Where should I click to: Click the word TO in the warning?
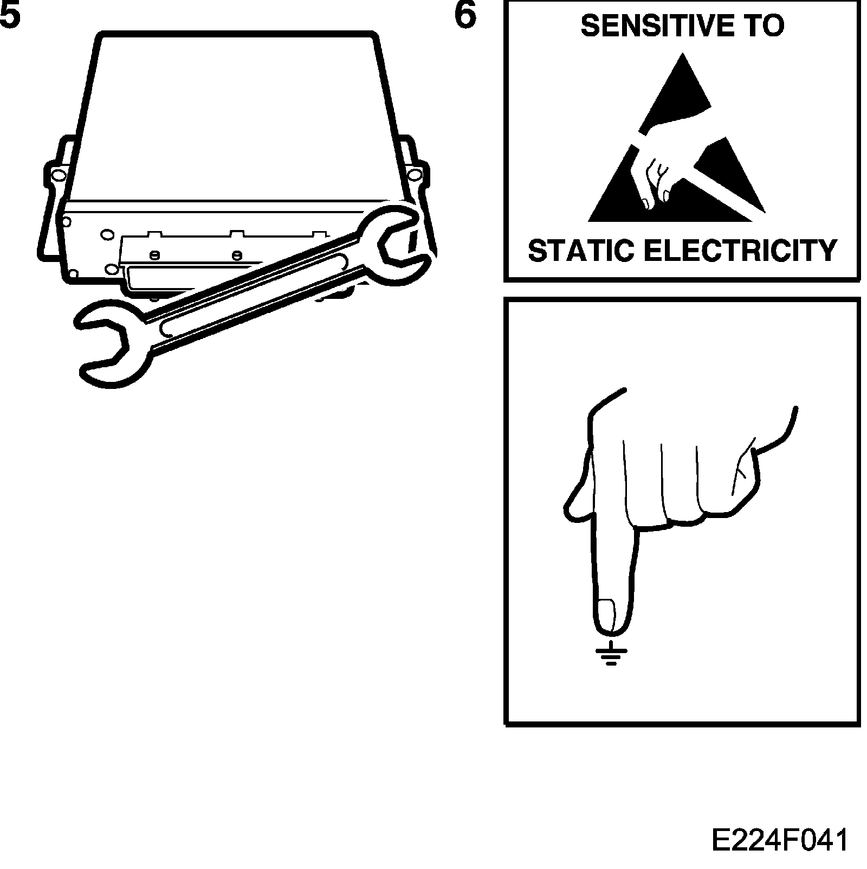[764, 26]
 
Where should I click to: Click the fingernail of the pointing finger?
[606, 616]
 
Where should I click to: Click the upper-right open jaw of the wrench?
[398, 239]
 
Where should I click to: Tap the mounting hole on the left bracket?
[57, 175]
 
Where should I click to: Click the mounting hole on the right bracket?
[415, 175]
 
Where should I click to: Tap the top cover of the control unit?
[238, 114]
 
